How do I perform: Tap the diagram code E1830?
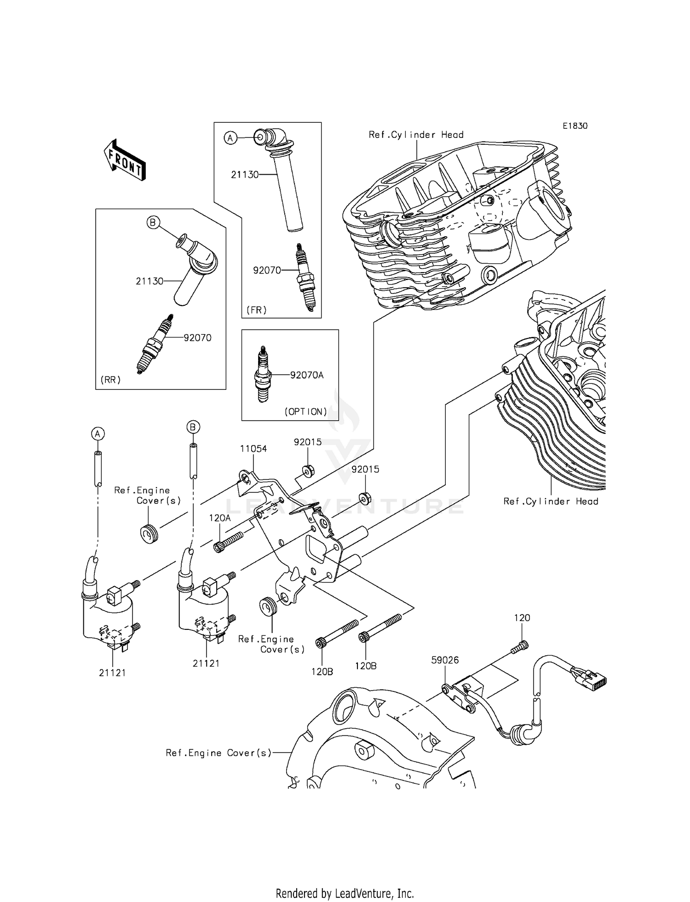click(x=575, y=126)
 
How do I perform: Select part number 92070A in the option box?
click(x=307, y=375)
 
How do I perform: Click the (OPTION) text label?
click(x=306, y=411)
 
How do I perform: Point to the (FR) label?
click(x=256, y=310)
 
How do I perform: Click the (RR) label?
click(x=110, y=380)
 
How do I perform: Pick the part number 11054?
click(x=253, y=449)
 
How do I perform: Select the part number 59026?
click(x=445, y=660)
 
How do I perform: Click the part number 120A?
click(x=219, y=518)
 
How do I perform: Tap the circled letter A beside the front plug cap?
click(x=230, y=137)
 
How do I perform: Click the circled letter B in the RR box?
click(x=153, y=223)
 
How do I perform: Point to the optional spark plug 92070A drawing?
click(x=263, y=375)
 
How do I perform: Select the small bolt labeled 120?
click(x=520, y=647)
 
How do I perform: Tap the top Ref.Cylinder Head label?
click(x=416, y=135)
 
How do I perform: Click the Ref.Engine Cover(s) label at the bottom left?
click(x=218, y=753)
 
